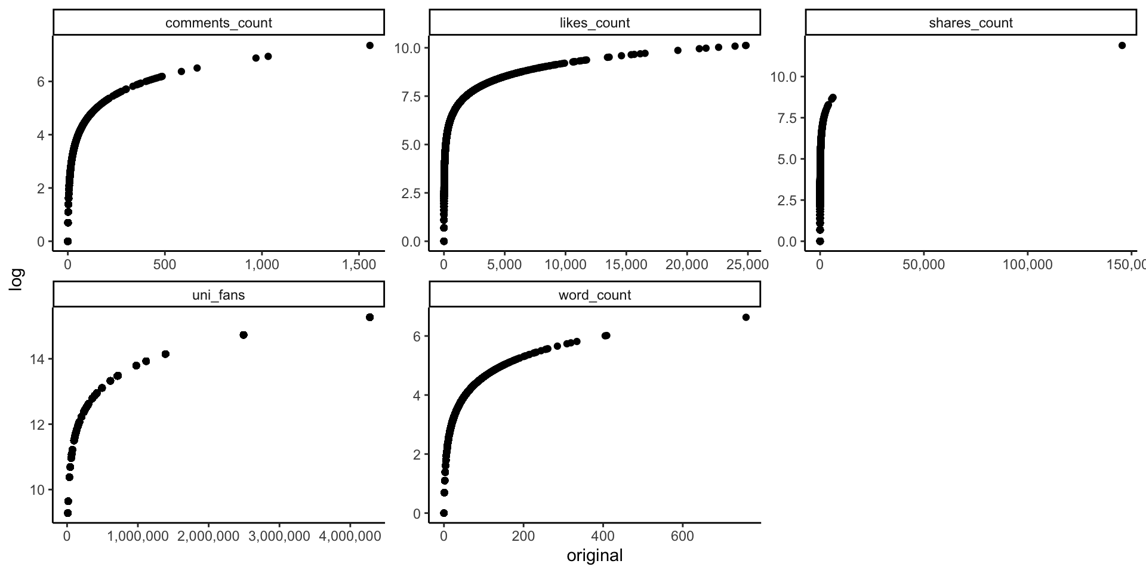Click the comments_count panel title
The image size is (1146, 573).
[x=218, y=23]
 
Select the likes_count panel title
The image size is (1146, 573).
[x=594, y=23]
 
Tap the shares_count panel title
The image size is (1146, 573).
[x=971, y=23]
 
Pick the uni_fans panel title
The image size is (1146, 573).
[x=218, y=295]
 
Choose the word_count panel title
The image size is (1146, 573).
[x=594, y=295]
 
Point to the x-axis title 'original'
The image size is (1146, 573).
[x=594, y=556]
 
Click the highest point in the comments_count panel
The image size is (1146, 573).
[x=369, y=45]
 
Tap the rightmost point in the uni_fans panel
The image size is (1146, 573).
[x=369, y=317]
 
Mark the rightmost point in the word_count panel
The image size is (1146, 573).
[x=745, y=317]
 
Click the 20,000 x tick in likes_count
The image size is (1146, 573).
[x=686, y=264]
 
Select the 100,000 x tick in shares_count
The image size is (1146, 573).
[x=1027, y=264]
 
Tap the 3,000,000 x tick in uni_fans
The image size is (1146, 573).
[x=279, y=537]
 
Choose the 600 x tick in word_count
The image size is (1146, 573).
[x=682, y=537]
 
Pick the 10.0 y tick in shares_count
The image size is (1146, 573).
[x=784, y=77]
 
